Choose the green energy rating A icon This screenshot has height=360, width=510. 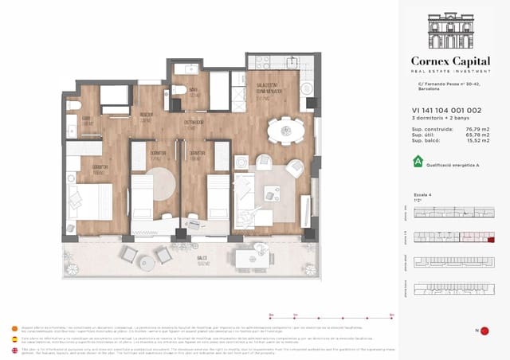point(417,161)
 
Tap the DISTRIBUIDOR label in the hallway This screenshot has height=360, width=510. point(194,123)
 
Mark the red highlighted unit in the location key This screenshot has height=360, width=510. point(491,238)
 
